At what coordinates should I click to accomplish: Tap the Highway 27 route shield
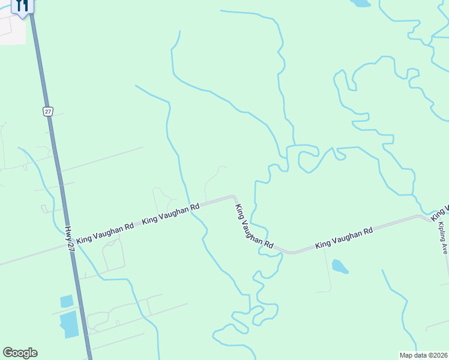pyautogui.click(x=48, y=111)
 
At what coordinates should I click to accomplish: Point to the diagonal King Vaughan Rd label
pyautogui.click(x=254, y=227)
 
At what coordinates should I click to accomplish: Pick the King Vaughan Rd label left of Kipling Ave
pyautogui.click(x=344, y=238)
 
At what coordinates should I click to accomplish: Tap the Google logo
pyautogui.click(x=20, y=353)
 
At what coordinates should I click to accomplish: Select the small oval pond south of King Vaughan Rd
pyautogui.click(x=340, y=266)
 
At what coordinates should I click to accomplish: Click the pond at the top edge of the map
pyautogui.click(x=361, y=3)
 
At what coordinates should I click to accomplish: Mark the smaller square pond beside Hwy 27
pyautogui.click(x=67, y=301)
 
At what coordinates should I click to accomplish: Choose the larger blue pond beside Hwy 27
pyautogui.click(x=69, y=324)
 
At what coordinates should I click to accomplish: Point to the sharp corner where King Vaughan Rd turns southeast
pyautogui.click(x=234, y=197)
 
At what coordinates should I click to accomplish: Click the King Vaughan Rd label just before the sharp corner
pyautogui.click(x=170, y=214)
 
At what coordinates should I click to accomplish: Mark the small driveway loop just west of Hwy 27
pyautogui.click(x=45, y=209)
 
